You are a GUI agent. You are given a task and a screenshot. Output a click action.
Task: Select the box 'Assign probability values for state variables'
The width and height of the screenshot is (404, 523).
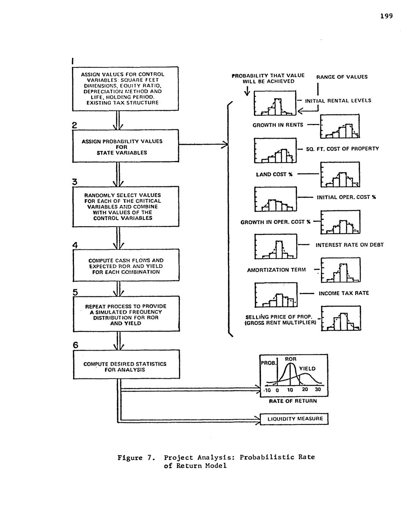coord(125,146)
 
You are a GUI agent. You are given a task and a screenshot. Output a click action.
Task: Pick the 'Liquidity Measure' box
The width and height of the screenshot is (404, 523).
coord(294,419)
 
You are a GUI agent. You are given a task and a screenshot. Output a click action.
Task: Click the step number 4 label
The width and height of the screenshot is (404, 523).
coord(75,245)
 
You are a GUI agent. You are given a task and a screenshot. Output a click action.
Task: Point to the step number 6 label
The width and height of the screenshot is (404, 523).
coord(75,345)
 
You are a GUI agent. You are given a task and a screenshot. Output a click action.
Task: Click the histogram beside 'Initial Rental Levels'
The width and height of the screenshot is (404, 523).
coord(275,103)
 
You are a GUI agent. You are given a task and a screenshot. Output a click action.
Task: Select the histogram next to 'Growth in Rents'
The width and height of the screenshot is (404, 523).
coord(340,127)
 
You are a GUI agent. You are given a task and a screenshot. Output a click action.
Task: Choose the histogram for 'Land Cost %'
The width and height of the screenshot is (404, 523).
coord(340,175)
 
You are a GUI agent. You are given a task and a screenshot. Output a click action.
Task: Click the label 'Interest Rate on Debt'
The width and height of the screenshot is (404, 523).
coord(349,245)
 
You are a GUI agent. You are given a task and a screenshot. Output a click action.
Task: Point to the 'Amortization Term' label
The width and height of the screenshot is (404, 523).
coord(276,270)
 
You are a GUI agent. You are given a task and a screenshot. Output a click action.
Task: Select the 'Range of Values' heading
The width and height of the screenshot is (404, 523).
coord(342,77)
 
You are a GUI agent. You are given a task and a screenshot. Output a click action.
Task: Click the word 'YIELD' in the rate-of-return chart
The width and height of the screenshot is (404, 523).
coord(307,368)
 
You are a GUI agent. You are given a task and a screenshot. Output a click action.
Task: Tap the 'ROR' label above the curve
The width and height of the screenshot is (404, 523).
coord(291,359)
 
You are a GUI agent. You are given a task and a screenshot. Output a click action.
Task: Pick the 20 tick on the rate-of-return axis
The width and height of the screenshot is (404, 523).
coord(305,390)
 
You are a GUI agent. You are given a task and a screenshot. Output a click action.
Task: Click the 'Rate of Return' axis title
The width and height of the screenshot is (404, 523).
coord(293,401)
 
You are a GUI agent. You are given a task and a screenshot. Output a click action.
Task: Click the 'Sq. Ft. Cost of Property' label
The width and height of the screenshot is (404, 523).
coord(342,149)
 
